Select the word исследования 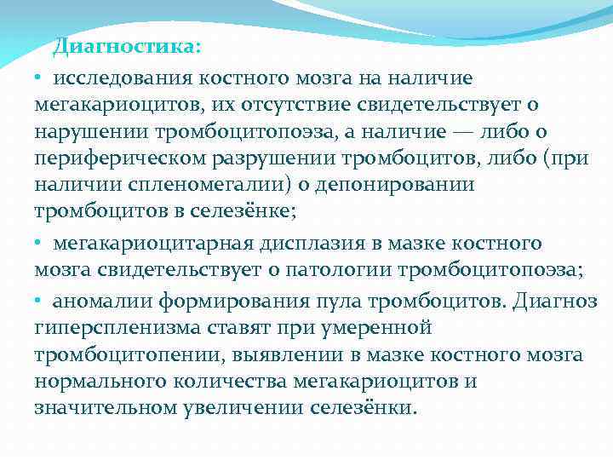pos(124,78)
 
